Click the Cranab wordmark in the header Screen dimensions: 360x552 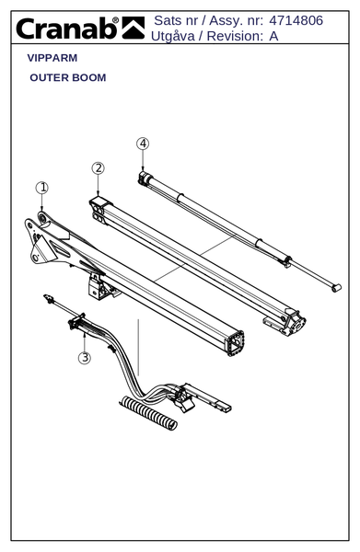pyautogui.click(x=67, y=29)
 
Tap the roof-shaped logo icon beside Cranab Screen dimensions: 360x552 pyautogui.click(x=134, y=28)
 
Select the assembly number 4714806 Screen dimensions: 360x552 pyautogui.click(x=296, y=20)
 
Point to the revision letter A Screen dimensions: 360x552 pyautogui.click(x=273, y=36)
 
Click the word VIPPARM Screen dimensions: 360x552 pyautogui.click(x=52, y=58)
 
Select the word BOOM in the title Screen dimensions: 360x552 pyautogui.click(x=89, y=77)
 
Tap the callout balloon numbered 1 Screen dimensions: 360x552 pyautogui.click(x=42, y=188)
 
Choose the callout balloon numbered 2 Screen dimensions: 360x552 pyautogui.click(x=99, y=168)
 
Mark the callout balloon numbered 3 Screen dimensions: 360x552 pyautogui.click(x=85, y=358)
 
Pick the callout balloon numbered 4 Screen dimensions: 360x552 pyautogui.click(x=143, y=144)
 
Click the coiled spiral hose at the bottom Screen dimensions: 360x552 pyautogui.click(x=148, y=413)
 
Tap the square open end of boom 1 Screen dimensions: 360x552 pyautogui.click(x=236, y=343)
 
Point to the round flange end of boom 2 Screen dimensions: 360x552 pyautogui.click(x=296, y=324)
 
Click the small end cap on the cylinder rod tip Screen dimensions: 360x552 pyautogui.click(x=336, y=288)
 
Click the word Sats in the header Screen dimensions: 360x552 pyautogui.click(x=167, y=20)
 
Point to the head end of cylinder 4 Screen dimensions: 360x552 pyautogui.click(x=144, y=178)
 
